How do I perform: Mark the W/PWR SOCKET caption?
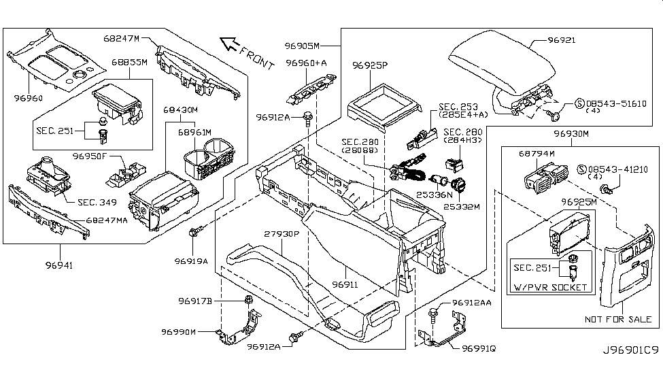pos(551,287)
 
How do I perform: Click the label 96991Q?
pos(479,348)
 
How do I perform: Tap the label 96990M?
pos(179,332)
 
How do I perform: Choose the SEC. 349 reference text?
pos(96,202)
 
